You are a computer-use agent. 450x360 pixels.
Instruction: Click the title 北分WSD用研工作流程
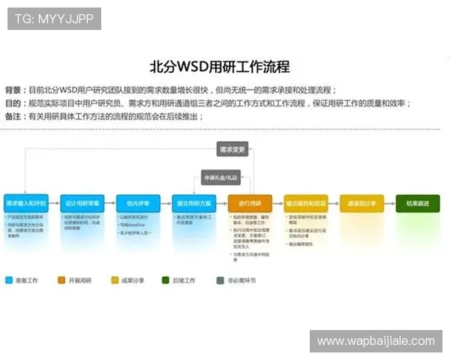point(220,66)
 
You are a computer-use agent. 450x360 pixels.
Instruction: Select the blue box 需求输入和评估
point(26,203)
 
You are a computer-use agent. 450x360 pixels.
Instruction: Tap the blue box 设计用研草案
point(82,203)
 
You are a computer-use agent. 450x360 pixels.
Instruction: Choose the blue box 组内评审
point(138,203)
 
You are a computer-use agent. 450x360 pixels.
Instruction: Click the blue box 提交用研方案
point(194,203)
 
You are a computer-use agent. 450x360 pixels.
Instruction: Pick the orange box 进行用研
point(250,203)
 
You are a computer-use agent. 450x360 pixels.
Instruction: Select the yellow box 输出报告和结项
point(306,203)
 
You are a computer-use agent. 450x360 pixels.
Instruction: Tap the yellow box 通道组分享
point(361,203)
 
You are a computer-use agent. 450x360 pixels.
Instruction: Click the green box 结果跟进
point(418,203)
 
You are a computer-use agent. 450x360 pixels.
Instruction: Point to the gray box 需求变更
point(232,149)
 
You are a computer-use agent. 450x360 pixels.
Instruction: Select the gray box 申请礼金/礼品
point(220,178)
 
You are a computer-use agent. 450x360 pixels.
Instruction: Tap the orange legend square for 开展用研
point(61,280)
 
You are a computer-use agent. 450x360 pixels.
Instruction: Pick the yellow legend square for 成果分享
point(115,280)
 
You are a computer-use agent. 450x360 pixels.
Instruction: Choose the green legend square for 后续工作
point(164,280)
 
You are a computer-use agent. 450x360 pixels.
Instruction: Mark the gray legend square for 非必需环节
point(220,280)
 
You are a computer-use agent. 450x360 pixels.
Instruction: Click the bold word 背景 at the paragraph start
point(13,88)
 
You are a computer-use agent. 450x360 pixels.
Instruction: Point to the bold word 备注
point(13,116)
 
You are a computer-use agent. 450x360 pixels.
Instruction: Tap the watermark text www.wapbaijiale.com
point(375,341)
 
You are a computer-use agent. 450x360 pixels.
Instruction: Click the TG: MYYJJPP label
point(54,18)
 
